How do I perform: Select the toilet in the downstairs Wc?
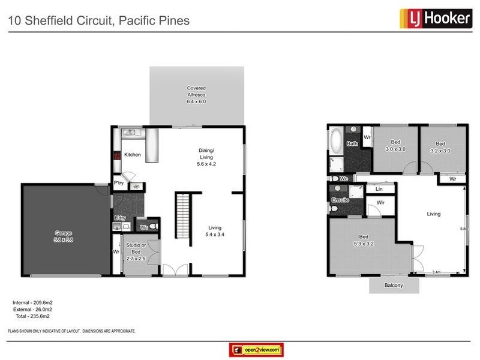153,226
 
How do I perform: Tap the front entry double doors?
175,269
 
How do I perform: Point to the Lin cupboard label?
379,189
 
